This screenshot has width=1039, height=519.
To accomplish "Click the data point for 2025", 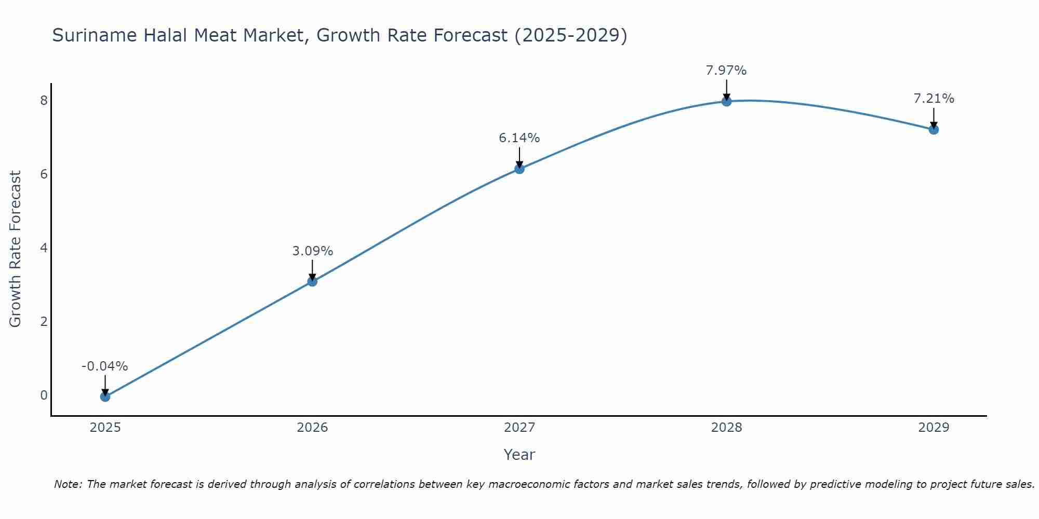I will [105, 397].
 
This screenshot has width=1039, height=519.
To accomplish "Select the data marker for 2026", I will [312, 281].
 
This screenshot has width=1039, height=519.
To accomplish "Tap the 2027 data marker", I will [519, 169].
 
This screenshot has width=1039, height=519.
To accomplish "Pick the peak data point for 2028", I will [726, 101].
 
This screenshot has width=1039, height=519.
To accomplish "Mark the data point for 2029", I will [934, 129].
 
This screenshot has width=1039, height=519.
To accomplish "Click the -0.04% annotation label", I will [104, 366].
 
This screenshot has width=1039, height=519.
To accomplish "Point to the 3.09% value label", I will [312, 251].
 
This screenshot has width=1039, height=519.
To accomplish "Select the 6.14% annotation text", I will [519, 138].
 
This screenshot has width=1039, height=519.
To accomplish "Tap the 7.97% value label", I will [726, 71].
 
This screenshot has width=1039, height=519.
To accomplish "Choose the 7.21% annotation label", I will [934, 99].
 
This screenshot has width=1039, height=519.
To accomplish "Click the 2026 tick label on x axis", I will [312, 428].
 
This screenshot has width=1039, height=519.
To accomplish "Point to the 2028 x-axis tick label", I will [726, 428].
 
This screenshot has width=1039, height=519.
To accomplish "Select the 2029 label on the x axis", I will [934, 428].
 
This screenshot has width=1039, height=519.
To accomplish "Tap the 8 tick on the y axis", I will [44, 100].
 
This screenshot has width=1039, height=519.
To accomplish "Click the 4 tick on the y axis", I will [44, 248].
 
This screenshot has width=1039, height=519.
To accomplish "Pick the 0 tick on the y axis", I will [44, 395].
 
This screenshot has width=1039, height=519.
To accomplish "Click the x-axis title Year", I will [519, 455].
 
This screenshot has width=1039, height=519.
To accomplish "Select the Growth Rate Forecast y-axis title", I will [16, 249].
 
